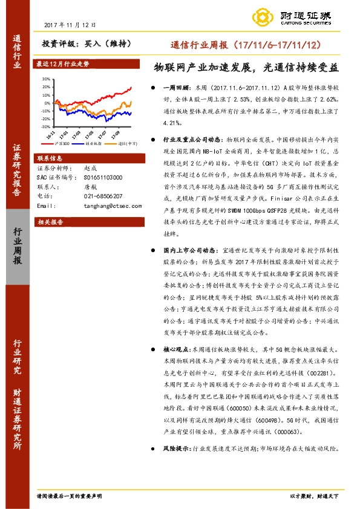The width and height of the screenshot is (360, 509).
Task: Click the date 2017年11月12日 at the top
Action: [x=70, y=25]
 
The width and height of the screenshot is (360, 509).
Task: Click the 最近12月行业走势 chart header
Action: [x=63, y=63]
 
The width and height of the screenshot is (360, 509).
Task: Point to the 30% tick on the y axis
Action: [x=46, y=79]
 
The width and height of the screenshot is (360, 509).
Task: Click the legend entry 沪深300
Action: [x=60, y=143]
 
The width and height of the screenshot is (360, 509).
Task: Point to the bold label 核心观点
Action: [x=177, y=349]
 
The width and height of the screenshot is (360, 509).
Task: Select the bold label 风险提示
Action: [x=177, y=449]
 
